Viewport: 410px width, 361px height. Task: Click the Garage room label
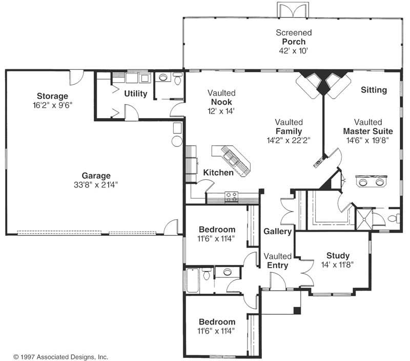pos(96,176)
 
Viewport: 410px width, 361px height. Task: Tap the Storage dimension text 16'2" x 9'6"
pos(52,105)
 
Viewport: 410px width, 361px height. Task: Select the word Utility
pos(135,93)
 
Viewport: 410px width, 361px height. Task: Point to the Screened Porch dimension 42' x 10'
pos(293,50)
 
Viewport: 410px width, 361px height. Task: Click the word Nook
pos(221,102)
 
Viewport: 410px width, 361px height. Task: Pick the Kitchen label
pos(218,173)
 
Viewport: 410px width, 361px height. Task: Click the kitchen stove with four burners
pos(232,197)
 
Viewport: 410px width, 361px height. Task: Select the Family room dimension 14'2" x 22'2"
pos(289,140)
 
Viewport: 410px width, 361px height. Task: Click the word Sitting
pos(374,90)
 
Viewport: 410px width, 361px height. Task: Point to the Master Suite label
pos(368,131)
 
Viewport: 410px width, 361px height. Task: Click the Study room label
pos(338,255)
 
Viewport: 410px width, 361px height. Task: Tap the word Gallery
pos(277,231)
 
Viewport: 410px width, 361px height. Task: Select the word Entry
pos(277,265)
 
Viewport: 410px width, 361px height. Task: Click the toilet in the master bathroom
pos(394,218)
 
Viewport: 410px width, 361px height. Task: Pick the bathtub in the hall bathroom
pos(193,280)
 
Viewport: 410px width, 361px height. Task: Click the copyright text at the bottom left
pos(60,357)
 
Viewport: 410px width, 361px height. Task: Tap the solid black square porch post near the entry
pos(297,310)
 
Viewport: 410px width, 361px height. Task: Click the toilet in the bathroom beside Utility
pos(178,79)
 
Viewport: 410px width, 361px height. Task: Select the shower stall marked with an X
pos(363,219)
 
